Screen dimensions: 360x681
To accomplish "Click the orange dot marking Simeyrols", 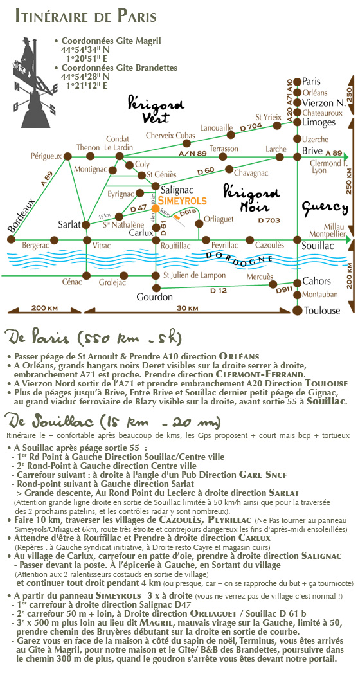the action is click(x=154, y=208).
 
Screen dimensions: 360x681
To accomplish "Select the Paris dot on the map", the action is click(x=298, y=81).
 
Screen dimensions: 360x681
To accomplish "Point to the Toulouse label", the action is click(x=322, y=311).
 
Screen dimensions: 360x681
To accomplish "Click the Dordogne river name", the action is click(x=240, y=257).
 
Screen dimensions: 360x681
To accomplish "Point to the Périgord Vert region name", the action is click(x=156, y=109).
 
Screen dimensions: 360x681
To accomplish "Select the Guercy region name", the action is click(x=325, y=209).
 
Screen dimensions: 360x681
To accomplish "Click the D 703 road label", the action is click(x=269, y=220).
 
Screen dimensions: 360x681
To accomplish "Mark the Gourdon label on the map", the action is click(x=154, y=298).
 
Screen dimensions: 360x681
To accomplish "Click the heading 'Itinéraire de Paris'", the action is click(x=86, y=17).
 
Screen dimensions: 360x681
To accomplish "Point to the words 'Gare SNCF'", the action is click(x=263, y=475).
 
